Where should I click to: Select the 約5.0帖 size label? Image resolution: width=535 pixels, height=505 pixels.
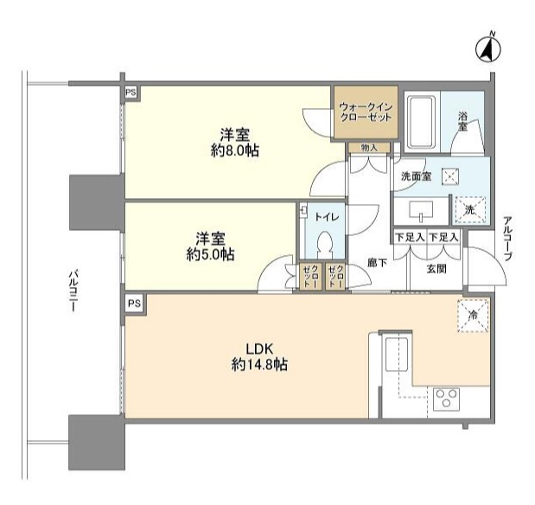[x=213, y=253]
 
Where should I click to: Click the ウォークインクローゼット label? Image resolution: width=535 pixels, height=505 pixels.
[x=366, y=112]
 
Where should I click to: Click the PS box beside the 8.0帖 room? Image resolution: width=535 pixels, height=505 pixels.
[x=131, y=93]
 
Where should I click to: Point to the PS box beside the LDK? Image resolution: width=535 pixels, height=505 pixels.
[x=132, y=304]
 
